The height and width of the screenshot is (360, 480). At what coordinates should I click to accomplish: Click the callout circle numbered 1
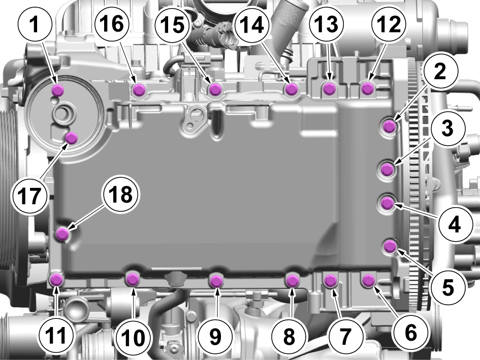coord(35,24)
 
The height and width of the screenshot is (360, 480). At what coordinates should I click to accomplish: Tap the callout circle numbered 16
coord(112,23)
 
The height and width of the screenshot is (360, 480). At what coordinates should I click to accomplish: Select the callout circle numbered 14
coord(251,24)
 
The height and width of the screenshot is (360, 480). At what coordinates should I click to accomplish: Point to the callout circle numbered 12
coord(389,24)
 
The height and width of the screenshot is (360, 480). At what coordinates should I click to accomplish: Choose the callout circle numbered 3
coord(447,128)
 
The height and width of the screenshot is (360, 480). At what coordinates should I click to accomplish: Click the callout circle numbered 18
coord(121,194)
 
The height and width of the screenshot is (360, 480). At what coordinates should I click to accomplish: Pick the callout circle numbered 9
coord(215,336)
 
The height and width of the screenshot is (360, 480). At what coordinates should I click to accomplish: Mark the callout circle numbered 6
coord(411,333)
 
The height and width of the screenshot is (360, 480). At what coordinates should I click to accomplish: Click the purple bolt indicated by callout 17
coord(72,138)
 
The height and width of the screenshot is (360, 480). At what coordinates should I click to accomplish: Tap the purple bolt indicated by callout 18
coord(63,234)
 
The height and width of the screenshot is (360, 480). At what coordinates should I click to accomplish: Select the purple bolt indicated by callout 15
coord(215,89)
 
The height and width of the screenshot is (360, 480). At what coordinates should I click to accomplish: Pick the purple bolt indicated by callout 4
coord(387,203)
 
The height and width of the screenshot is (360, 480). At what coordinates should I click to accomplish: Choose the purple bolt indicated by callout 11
coord(56,280)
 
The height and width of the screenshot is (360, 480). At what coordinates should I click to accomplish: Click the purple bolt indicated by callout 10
coord(133,279)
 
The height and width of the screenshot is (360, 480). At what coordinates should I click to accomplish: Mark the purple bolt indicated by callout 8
coord(292,280)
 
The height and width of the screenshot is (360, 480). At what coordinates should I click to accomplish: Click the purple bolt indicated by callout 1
coord(58,90)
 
